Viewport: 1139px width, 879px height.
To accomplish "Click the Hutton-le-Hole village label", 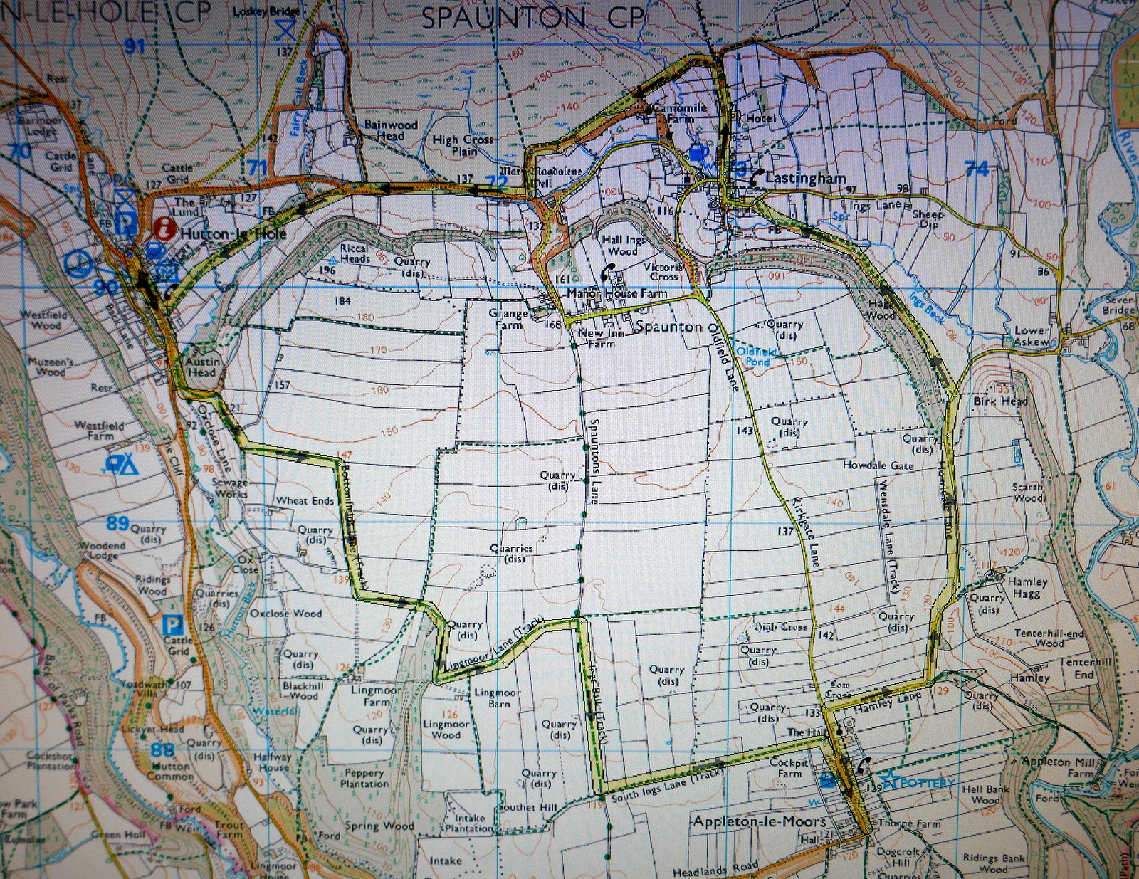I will tap(233, 233).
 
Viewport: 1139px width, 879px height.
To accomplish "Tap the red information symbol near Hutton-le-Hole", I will tap(164, 228).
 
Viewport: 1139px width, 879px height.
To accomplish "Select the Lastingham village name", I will tap(806, 178).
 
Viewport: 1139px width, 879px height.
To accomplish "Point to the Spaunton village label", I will tap(668, 327).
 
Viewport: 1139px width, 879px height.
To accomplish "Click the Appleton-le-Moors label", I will tap(760, 821).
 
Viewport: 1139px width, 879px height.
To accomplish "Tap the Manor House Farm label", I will tap(617, 293).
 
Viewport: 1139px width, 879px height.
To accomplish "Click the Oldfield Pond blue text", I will tap(757, 357).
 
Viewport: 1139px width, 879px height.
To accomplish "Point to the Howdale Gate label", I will tap(878, 465).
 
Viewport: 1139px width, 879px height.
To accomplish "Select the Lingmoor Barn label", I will tap(498, 698).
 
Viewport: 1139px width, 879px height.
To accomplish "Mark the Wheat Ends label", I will tap(305, 500).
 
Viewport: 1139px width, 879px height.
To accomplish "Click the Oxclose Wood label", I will tap(285, 613).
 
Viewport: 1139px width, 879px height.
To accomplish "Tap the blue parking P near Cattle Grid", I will tap(172, 625).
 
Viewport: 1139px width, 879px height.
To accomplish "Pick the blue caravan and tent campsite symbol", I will tap(121, 465).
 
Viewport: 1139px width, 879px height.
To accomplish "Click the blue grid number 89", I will tap(117, 523).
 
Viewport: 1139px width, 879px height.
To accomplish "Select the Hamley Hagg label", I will tap(1027, 587).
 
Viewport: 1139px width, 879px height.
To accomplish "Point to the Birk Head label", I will tap(1000, 401).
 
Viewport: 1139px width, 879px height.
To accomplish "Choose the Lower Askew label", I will tap(1032, 336).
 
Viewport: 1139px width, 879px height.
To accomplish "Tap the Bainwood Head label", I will tap(390, 130).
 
